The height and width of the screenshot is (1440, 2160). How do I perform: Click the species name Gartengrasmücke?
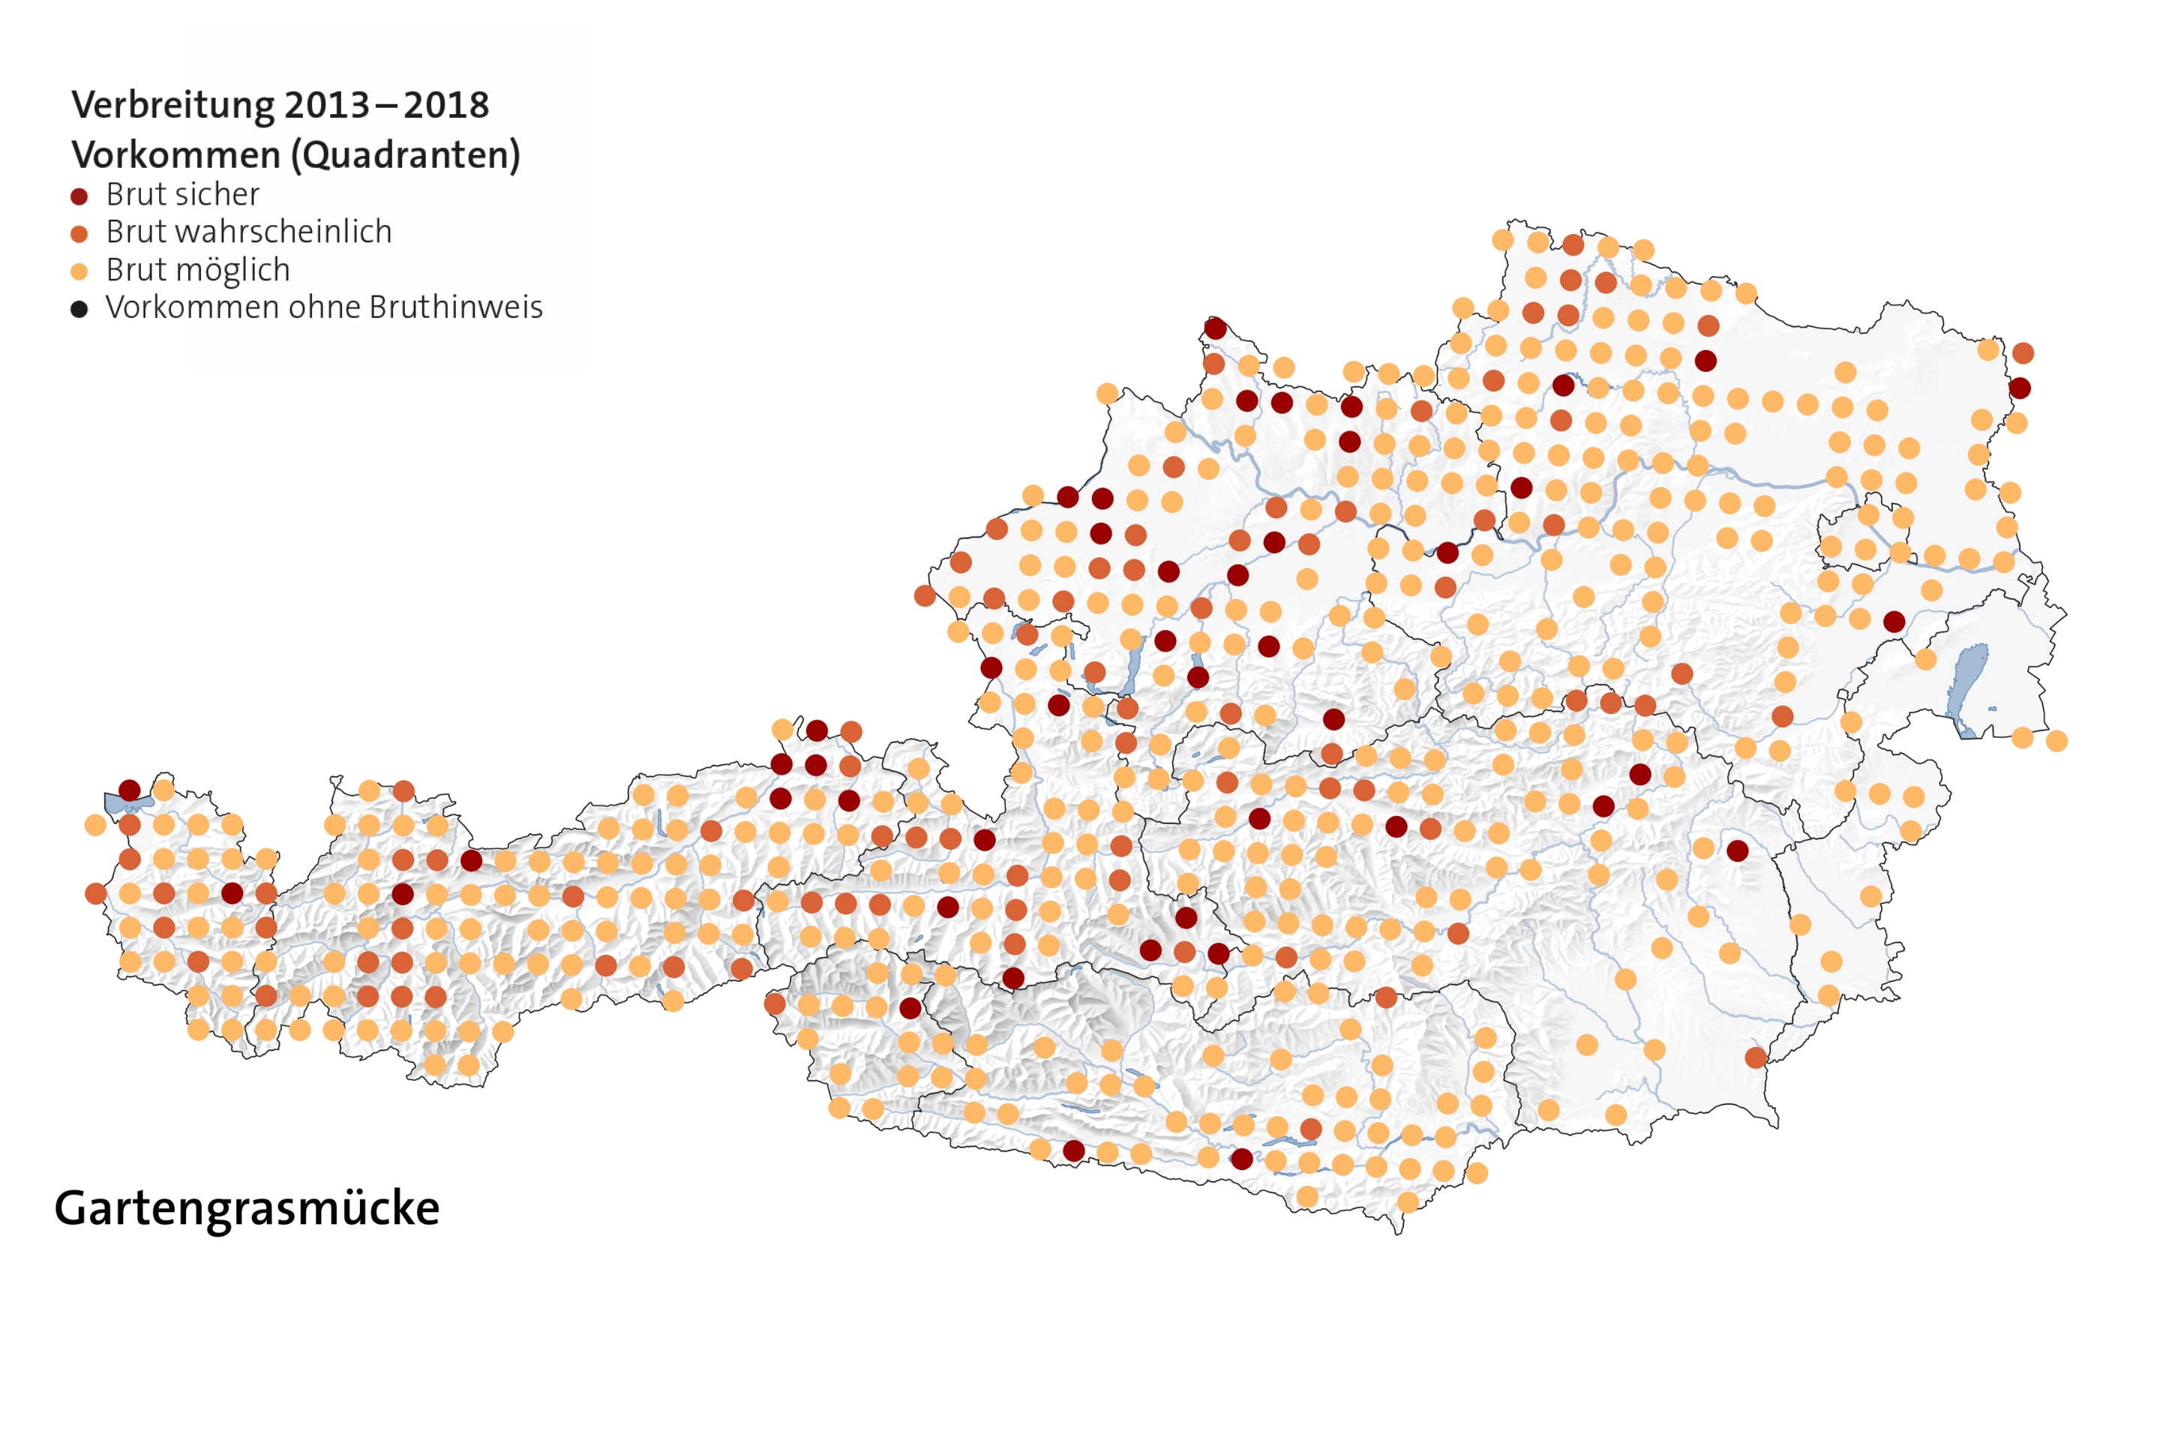pyautogui.click(x=246, y=1208)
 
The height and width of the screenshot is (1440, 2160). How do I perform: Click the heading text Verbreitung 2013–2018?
pyautogui.click(x=280, y=105)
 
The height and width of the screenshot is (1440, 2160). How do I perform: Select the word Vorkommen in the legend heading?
pyautogui.click(x=176, y=154)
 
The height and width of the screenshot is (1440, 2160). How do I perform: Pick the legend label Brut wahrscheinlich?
pyautogui.click(x=249, y=232)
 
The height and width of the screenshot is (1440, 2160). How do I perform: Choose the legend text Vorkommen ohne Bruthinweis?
pyautogui.click(x=324, y=307)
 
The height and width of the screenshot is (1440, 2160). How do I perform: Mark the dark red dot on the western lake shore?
pyautogui.click(x=130, y=790)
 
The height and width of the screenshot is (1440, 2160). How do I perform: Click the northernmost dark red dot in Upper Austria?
pyautogui.click(x=1215, y=328)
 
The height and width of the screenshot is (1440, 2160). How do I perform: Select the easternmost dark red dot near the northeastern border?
pyautogui.click(x=2020, y=388)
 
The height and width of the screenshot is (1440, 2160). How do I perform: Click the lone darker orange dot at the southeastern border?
pyautogui.click(x=1756, y=1058)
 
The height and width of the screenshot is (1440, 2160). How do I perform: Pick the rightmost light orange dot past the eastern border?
pyautogui.click(x=2056, y=741)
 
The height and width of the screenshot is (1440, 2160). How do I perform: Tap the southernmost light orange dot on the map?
pyautogui.click(x=1407, y=1202)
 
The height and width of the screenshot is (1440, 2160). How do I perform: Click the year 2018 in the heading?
pyautogui.click(x=446, y=105)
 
